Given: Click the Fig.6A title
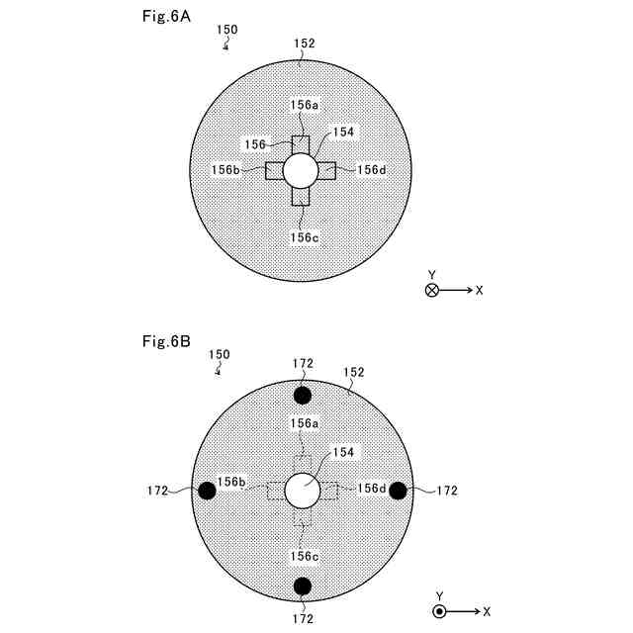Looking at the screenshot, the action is [x=163, y=18].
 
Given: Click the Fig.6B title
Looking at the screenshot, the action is [x=163, y=342].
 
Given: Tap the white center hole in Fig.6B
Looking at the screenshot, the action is [x=302, y=490].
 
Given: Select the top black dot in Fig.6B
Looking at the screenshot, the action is [x=303, y=396].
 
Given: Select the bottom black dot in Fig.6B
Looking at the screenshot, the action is [x=303, y=587].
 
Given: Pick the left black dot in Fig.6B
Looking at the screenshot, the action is [x=208, y=491].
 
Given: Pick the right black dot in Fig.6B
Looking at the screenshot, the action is [x=398, y=491].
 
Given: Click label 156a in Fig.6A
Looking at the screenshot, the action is [x=305, y=104].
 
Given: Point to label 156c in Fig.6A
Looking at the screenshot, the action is [x=305, y=237].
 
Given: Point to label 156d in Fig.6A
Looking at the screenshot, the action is [x=372, y=169].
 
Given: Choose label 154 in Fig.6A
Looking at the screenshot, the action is [x=343, y=131].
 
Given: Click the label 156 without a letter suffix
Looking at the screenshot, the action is [x=255, y=144].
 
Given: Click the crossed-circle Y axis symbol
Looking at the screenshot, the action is [x=431, y=291].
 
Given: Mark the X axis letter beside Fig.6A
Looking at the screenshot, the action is [x=479, y=291].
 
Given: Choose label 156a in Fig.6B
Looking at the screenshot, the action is [x=305, y=422].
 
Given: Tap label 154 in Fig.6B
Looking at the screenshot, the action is [x=344, y=451].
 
